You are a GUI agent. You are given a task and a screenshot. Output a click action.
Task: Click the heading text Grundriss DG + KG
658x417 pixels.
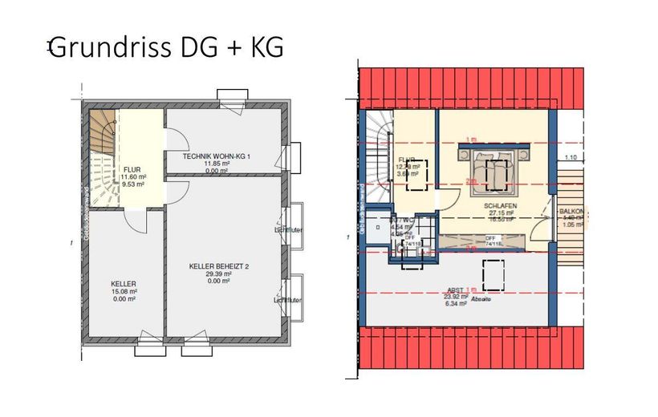(x=167, y=47)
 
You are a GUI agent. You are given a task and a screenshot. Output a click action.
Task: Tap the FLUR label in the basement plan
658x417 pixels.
(x=132, y=169)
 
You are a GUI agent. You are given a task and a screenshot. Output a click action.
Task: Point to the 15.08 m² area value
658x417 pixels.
(x=124, y=291)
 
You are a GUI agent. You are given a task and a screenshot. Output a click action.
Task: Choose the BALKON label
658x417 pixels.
(x=572, y=210)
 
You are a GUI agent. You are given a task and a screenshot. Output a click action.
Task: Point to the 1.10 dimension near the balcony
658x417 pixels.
(x=571, y=157)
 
